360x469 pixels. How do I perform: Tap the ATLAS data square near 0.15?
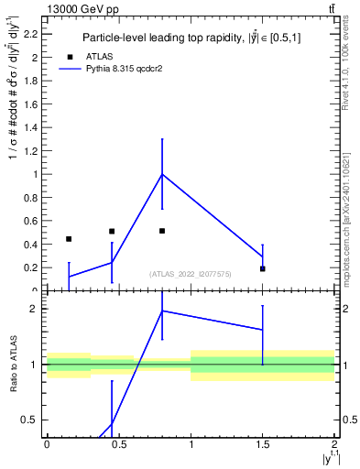[x=69, y=239]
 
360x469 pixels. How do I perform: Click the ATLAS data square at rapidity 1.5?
[x=263, y=268]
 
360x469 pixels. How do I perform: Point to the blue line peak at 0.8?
[x=162, y=174]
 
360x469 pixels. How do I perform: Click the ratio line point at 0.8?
[x=162, y=311]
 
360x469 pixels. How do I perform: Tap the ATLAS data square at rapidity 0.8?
[x=162, y=231]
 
